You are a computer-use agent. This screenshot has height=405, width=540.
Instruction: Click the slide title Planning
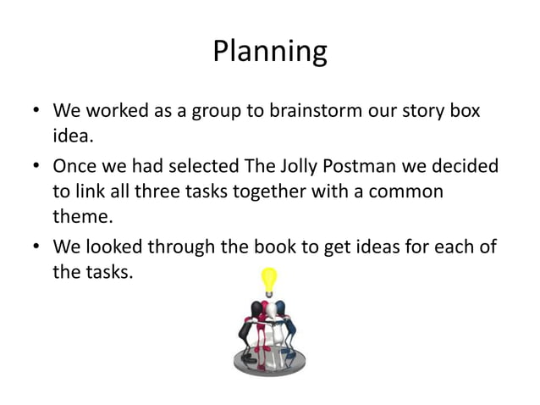tap(269, 52)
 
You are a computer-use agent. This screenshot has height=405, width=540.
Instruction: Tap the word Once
tap(75, 165)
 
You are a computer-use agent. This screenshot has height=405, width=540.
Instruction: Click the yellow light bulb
tap(269, 280)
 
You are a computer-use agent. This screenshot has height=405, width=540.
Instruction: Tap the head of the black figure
tap(251, 306)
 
